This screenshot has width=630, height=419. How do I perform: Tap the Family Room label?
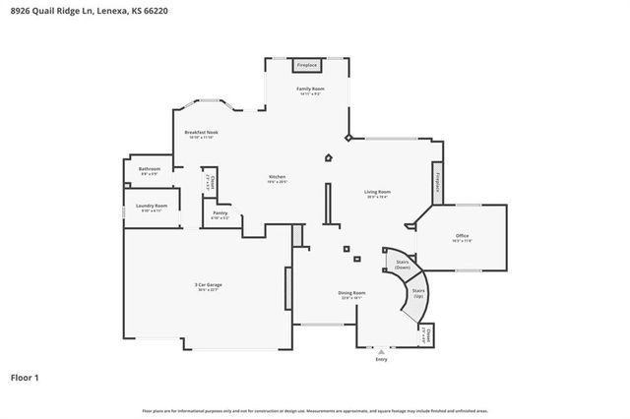pyautogui.click(x=311, y=90)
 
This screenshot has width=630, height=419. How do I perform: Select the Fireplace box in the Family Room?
pyautogui.click(x=308, y=65)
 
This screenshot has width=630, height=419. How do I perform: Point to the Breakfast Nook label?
pyautogui.click(x=201, y=133)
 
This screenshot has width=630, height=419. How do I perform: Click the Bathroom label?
pyautogui.click(x=150, y=170)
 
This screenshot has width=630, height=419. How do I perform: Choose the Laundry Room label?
pyautogui.click(x=152, y=207)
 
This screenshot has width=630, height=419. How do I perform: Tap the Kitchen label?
pyautogui.click(x=278, y=178)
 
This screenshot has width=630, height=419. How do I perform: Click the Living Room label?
pyautogui.click(x=378, y=193)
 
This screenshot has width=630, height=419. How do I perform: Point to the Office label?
pyautogui.click(x=461, y=237)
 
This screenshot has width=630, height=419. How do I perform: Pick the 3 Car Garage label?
pyautogui.click(x=208, y=286)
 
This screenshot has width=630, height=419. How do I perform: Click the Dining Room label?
pyautogui.click(x=352, y=293)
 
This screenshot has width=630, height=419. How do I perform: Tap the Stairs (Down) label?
pyautogui.click(x=402, y=264)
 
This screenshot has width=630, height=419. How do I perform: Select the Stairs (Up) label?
pyautogui.click(x=418, y=293)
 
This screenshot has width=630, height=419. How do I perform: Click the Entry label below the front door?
pyautogui.click(x=382, y=360)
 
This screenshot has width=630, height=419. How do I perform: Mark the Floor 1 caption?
pyautogui.click(x=26, y=377)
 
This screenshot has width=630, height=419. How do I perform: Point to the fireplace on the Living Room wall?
pyautogui.click(x=438, y=185)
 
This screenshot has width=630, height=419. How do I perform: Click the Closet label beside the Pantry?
pyautogui.click(x=209, y=183)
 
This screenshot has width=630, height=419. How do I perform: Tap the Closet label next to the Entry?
pyautogui.click(x=429, y=336)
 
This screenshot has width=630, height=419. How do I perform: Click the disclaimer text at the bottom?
pyautogui.click(x=315, y=410)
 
